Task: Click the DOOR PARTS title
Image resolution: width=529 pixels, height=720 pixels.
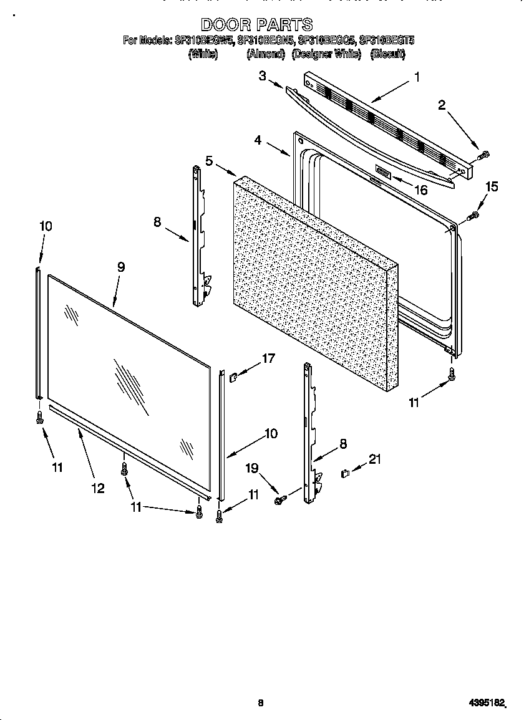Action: point(256,24)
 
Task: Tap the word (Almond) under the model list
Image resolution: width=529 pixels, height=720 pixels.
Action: point(265,54)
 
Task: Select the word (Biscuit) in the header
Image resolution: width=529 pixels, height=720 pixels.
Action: point(387,54)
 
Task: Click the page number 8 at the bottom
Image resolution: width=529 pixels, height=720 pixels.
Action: point(261,703)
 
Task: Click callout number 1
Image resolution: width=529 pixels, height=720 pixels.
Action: point(417,78)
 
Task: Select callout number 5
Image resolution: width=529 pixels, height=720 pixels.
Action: point(210,161)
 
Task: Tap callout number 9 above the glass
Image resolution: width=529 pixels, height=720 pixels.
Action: point(120,267)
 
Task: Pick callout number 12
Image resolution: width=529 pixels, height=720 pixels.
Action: point(97,488)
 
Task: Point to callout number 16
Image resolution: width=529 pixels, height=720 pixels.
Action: point(421,190)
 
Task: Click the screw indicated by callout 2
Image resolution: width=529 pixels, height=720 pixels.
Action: point(485,154)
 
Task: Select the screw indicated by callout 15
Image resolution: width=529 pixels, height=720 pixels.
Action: point(474,216)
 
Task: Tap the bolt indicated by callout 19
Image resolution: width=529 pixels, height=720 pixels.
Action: point(280,500)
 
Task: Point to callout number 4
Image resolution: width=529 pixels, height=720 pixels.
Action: point(258,140)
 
